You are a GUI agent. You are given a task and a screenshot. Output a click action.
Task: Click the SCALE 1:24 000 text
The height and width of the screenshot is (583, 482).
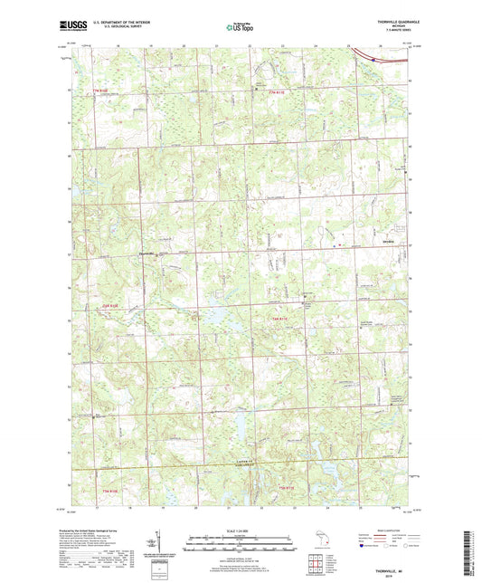tap(241, 530)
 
